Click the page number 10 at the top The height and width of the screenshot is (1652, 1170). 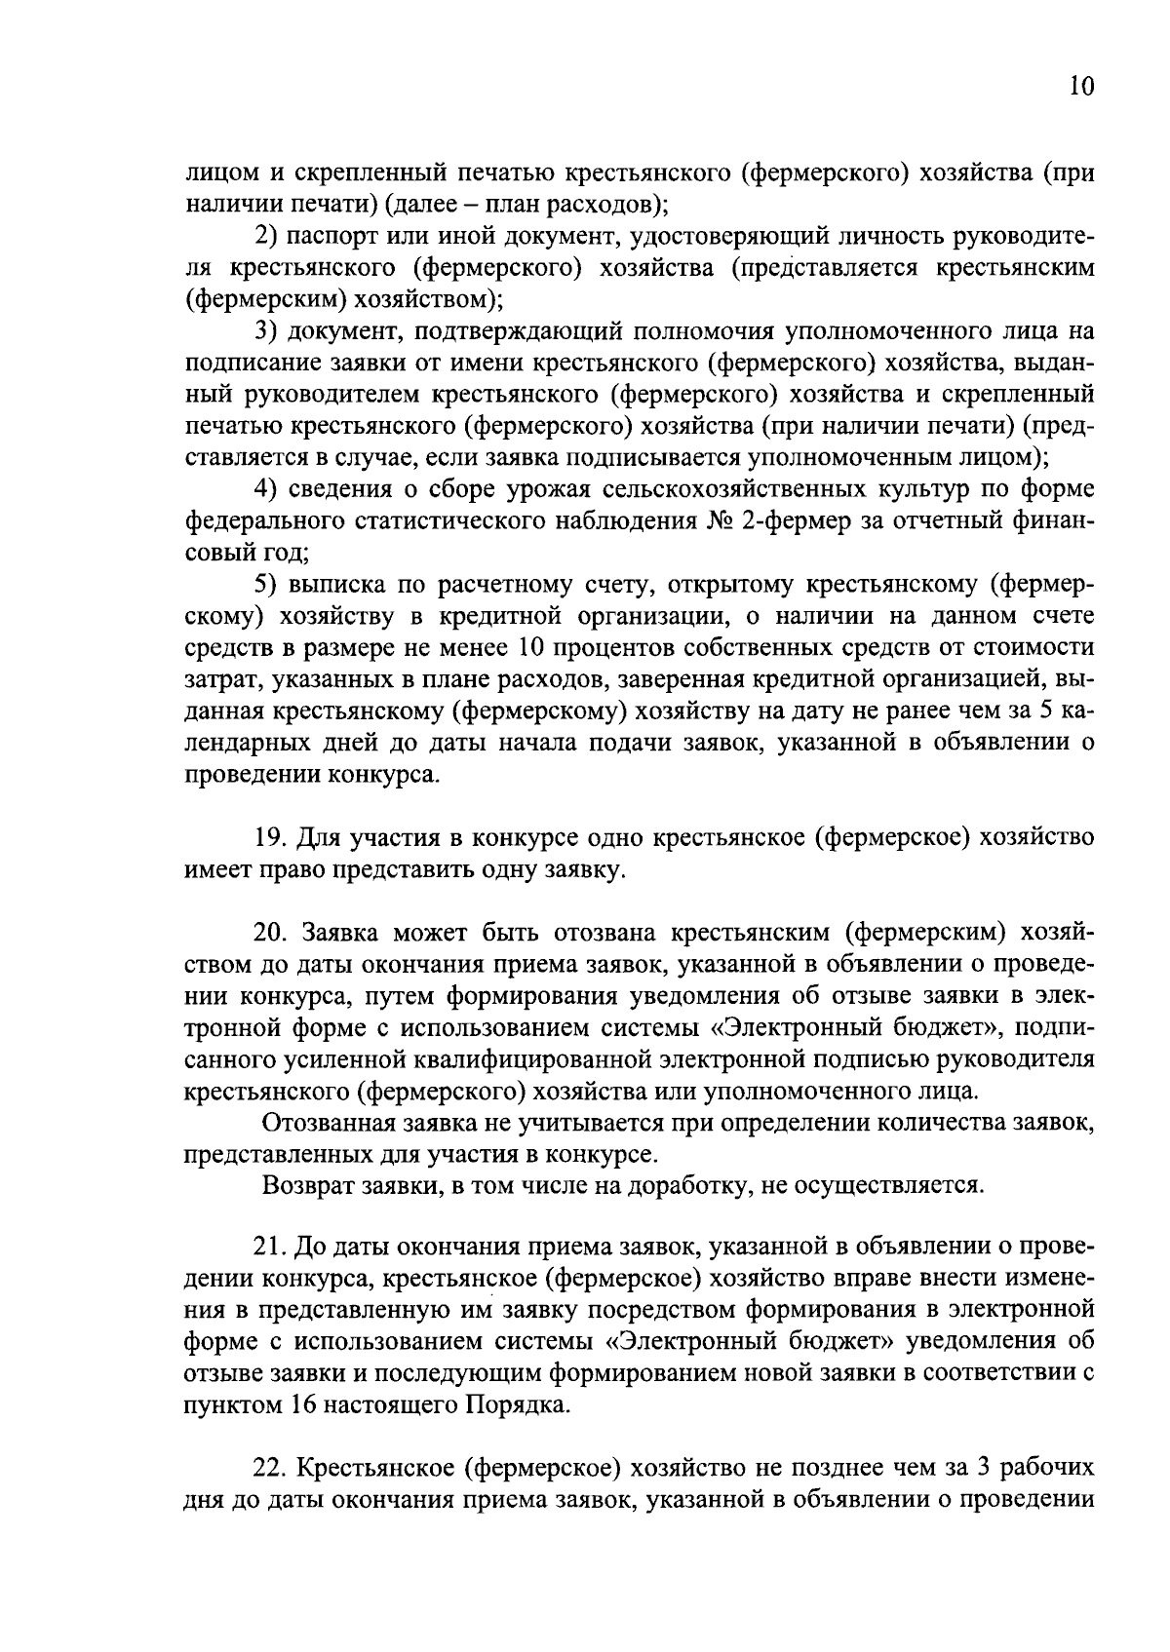pos(1081,87)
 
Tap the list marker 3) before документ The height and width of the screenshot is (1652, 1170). pos(268,331)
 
